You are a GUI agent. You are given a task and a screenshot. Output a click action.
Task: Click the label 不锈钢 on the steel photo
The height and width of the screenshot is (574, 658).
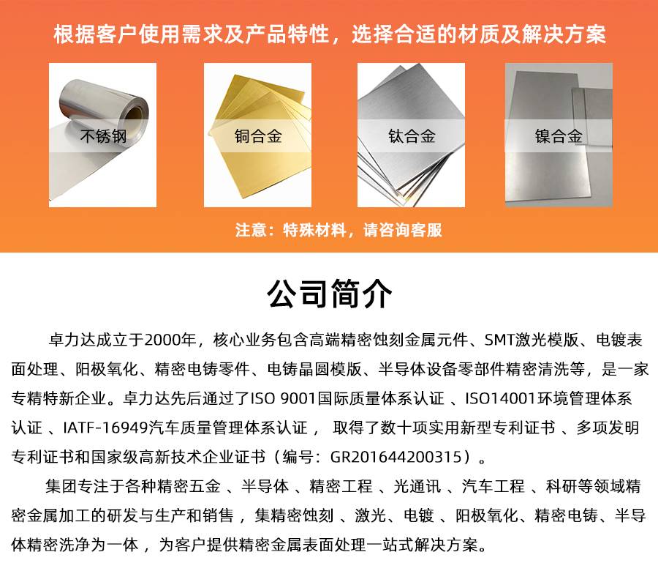[103, 136]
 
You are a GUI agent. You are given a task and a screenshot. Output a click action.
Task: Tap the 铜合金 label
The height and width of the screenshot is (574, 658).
[257, 136]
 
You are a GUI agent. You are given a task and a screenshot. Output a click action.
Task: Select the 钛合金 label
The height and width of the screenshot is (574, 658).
[412, 136]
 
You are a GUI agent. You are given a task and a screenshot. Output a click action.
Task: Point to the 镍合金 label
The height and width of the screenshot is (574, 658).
[559, 136]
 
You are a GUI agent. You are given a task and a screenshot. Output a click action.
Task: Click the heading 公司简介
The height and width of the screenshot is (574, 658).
[330, 294]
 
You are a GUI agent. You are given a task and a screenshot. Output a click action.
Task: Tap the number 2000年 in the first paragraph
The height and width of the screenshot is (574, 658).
[170, 340]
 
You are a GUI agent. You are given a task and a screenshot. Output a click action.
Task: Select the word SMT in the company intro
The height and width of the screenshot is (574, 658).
[499, 340]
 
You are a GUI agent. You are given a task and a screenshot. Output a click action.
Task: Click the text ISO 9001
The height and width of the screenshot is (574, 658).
[282, 398]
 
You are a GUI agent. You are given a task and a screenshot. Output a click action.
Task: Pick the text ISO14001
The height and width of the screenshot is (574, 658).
[500, 398]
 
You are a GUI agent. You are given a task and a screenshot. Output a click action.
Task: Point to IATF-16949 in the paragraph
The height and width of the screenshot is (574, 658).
[105, 428]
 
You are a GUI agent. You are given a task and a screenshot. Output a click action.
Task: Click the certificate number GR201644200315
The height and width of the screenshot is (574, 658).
[396, 456]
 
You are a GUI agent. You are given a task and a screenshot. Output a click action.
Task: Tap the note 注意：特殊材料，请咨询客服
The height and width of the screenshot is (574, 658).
[339, 230]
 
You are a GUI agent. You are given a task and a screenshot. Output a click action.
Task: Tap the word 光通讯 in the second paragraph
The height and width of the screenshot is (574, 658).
[417, 486]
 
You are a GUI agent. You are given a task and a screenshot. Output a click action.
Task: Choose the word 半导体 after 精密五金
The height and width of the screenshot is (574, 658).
[265, 486]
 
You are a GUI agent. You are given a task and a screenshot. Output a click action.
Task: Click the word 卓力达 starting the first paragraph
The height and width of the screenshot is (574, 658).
[72, 340]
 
